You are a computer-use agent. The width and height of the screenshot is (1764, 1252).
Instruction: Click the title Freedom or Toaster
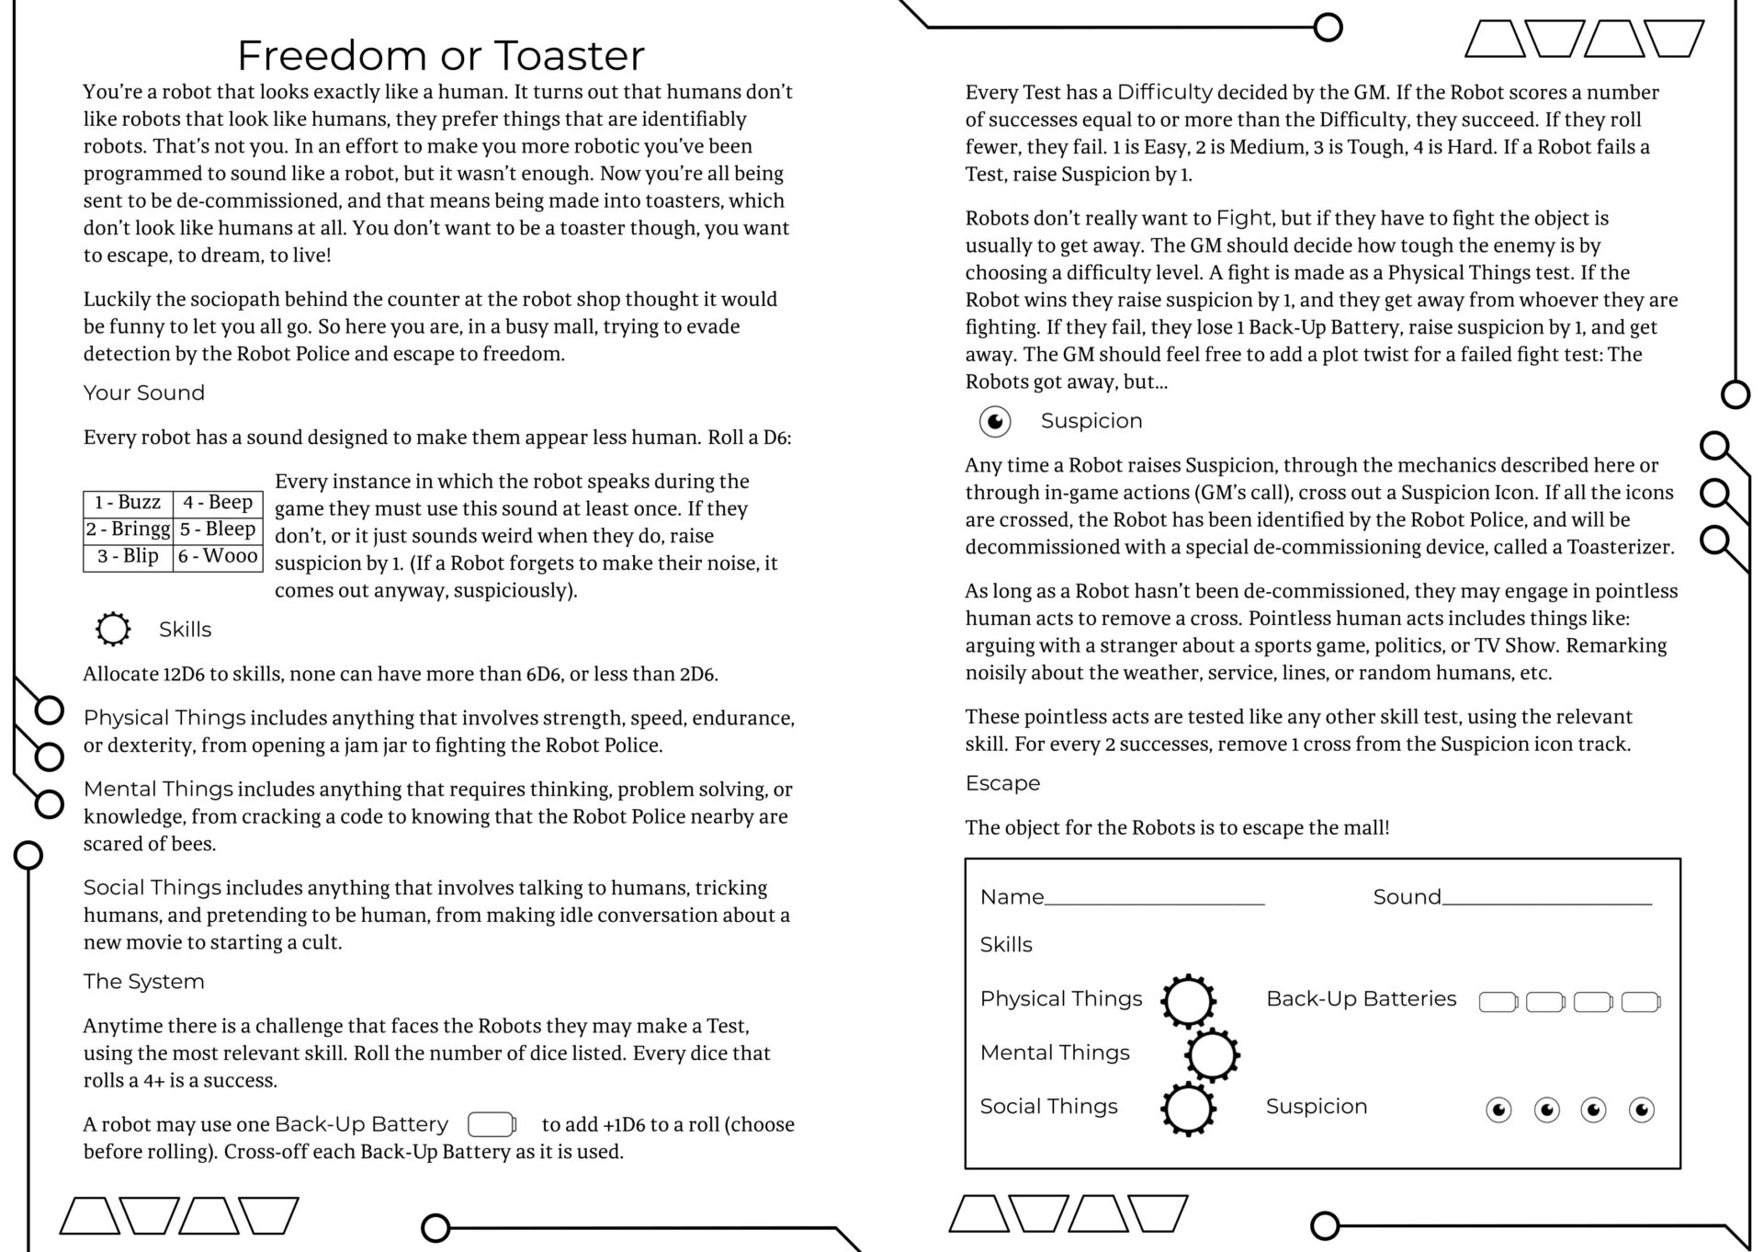pos(441,55)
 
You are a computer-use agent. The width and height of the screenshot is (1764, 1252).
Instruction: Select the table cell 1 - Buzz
pos(128,503)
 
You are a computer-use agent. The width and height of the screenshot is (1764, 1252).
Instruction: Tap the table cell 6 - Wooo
pos(218,556)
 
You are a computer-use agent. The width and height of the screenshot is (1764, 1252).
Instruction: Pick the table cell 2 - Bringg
pos(128,529)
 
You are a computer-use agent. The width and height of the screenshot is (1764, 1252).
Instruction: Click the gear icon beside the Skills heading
pos(113,630)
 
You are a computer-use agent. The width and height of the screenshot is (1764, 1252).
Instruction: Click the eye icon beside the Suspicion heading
pos(995,421)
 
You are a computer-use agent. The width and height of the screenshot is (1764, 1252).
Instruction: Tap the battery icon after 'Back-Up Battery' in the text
pos(492,1124)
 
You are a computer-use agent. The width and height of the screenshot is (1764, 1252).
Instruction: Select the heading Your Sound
pos(144,393)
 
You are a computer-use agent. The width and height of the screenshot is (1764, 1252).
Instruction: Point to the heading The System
pos(144,982)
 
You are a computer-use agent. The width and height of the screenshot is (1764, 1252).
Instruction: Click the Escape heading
pos(1002,783)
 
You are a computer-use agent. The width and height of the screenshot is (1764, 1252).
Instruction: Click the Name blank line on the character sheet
pos(1154,899)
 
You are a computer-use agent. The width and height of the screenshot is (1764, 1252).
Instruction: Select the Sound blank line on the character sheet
pos(1546,899)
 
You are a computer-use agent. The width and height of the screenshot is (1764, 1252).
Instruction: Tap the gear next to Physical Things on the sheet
pos(1188,1000)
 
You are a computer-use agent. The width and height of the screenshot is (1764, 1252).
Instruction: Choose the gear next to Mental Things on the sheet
pos(1212,1054)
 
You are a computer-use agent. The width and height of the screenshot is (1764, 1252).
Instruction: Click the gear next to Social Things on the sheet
pos(1188,1109)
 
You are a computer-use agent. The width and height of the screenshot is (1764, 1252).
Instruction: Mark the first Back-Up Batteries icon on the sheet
pos(1498,1002)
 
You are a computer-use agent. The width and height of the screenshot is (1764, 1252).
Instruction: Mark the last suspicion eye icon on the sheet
pos(1641,1110)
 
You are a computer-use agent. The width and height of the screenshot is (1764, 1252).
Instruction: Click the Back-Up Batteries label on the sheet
pos(1361,999)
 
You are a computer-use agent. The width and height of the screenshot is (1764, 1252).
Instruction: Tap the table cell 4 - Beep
pos(218,503)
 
